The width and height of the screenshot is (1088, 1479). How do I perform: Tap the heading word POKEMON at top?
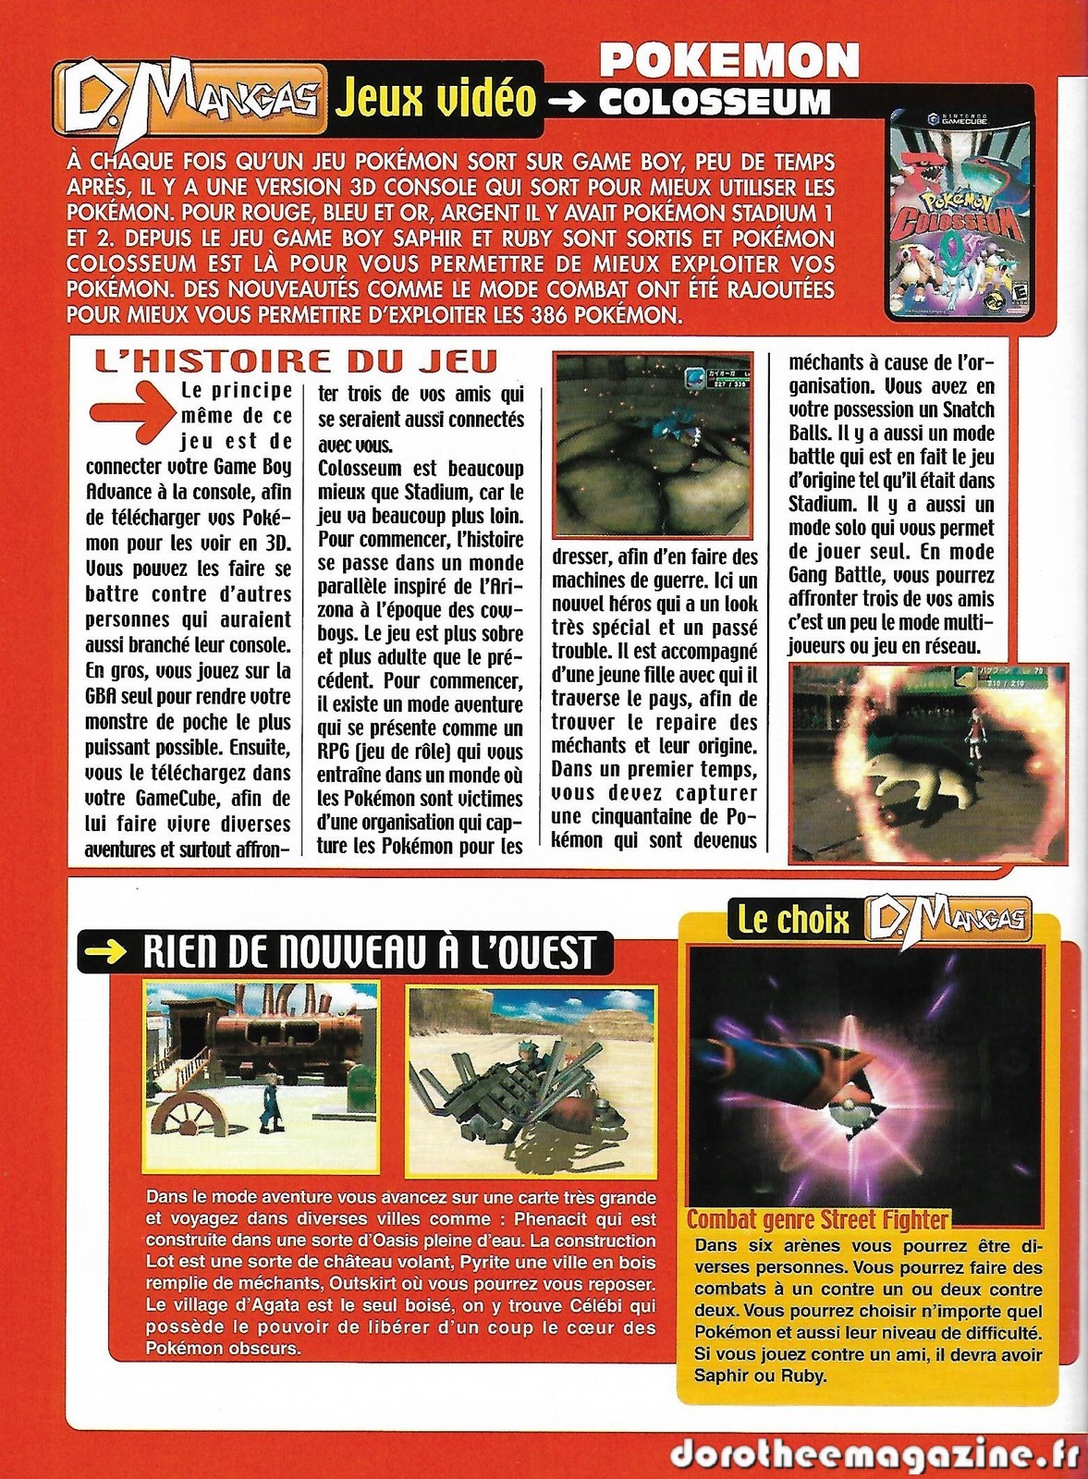pyautogui.click(x=729, y=62)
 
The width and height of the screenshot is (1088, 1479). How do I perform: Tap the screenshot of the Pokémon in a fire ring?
pyautogui.click(x=928, y=763)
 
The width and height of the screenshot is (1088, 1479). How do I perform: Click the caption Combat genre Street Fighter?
pyautogui.click(x=818, y=1219)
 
